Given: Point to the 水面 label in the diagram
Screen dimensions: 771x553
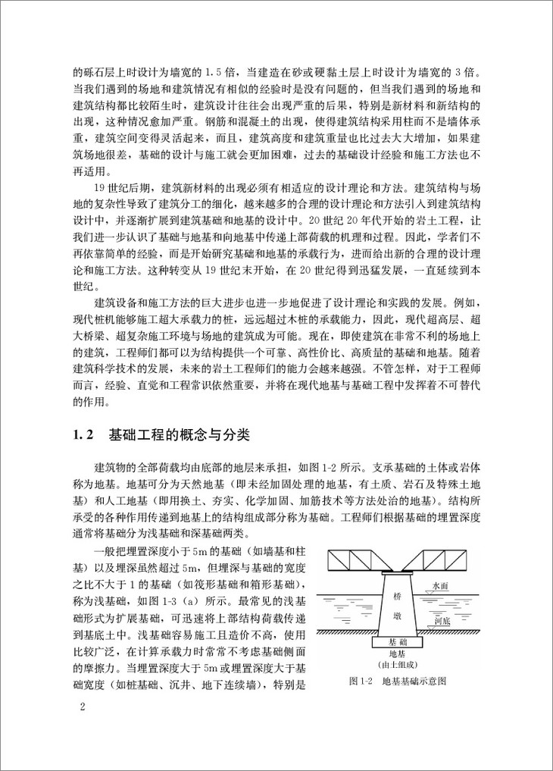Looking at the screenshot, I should click(x=441, y=586).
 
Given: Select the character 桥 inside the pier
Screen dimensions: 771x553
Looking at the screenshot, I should click(x=398, y=597).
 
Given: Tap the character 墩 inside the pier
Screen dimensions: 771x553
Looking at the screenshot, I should click(x=398, y=617).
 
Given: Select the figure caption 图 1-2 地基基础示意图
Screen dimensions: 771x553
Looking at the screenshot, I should click(x=398, y=680).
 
